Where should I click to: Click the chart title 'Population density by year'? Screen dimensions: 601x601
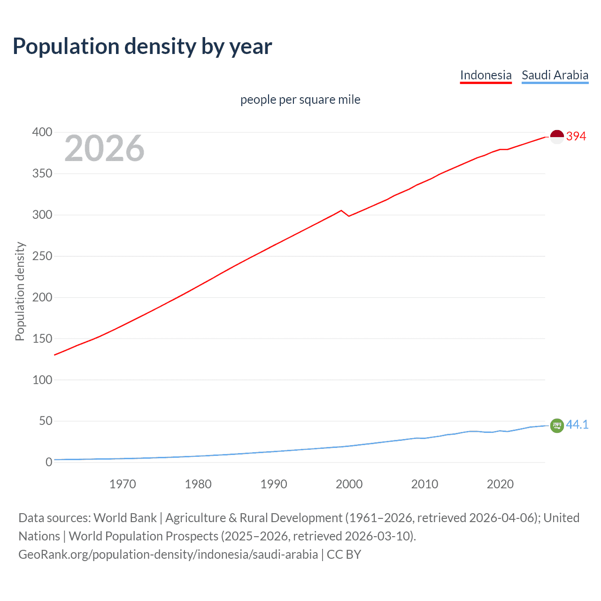pos(142,46)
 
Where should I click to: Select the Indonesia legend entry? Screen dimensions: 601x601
pos(485,75)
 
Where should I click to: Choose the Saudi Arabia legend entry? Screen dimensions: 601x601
pos(555,75)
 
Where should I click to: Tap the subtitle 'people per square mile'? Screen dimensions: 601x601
pos(300,100)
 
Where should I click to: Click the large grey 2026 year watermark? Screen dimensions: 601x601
pos(104,148)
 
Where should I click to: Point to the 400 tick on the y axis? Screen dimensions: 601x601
pos(42,132)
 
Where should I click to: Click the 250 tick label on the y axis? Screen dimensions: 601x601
pos(42,256)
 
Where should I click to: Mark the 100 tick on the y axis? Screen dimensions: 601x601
pos(42,380)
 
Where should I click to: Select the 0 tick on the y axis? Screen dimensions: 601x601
pos(49,462)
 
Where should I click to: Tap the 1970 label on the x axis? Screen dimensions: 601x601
pos(123,484)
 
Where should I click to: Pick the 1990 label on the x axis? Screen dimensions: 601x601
pos(274,484)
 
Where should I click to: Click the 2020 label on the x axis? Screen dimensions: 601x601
pos(500,484)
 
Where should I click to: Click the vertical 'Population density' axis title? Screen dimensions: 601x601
pos(20,291)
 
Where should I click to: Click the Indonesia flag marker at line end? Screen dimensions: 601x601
pos(557,137)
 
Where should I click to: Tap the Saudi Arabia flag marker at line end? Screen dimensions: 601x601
pos(557,425)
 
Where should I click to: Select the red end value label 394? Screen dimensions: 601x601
pos(576,137)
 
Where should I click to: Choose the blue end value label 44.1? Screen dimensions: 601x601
pos(577,424)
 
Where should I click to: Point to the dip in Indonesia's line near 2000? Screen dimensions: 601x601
pos(348,216)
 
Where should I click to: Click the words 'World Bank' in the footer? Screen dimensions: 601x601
pos(125,518)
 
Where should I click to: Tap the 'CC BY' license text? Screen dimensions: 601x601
pos(344,555)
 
